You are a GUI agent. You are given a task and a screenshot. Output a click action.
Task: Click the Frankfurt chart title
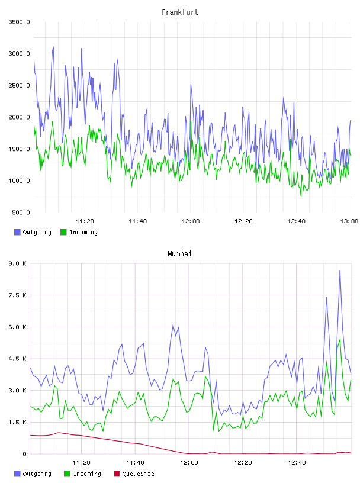[x=180, y=12]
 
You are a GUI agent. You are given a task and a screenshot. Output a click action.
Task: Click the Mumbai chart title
[x=179, y=254]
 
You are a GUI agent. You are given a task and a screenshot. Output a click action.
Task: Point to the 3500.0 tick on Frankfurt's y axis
[x=19, y=22]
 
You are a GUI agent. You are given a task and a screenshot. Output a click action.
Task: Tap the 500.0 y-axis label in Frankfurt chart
[x=21, y=212]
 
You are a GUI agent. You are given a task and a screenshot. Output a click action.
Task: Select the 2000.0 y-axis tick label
[x=19, y=117]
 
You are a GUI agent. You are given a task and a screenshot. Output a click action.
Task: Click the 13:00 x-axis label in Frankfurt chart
[x=349, y=221]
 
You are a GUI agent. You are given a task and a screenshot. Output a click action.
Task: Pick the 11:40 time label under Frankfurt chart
[x=138, y=221]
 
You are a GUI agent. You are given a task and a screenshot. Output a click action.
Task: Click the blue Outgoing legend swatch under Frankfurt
[x=17, y=232]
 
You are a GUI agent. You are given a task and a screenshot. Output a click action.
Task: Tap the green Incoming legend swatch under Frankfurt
[x=63, y=232]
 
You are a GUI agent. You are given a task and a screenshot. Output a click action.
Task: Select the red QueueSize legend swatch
[x=117, y=474]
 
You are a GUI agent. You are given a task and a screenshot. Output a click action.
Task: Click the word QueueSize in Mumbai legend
[x=139, y=474]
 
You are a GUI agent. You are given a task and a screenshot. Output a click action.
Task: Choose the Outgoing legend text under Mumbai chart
[x=37, y=474]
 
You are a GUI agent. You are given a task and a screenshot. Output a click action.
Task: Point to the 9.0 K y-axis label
[x=18, y=263]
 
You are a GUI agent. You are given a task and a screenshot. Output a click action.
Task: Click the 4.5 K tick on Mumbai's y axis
[x=18, y=359]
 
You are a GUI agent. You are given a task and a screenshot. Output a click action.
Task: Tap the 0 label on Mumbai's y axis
[x=24, y=454]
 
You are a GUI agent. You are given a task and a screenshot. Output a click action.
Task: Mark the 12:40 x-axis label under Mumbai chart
[x=297, y=463]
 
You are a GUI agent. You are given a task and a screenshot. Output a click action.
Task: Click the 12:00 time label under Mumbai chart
[x=189, y=463]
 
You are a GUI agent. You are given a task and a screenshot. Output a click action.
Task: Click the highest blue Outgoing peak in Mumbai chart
[x=340, y=270]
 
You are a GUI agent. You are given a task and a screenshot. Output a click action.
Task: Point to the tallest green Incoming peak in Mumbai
[x=340, y=339]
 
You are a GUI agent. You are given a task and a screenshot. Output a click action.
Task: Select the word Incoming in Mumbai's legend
[x=87, y=474]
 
